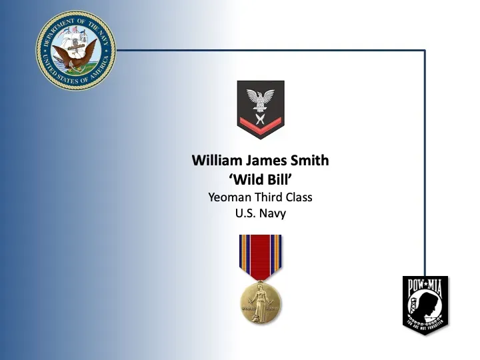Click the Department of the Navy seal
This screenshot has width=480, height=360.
point(75,50)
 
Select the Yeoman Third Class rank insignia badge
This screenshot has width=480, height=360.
point(261,109)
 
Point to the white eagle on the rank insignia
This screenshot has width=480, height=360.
point(261,97)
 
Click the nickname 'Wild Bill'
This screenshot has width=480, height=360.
point(260,179)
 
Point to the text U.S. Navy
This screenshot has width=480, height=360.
point(260,214)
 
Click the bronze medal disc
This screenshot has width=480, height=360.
point(261,301)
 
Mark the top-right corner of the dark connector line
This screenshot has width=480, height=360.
point(425,50)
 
